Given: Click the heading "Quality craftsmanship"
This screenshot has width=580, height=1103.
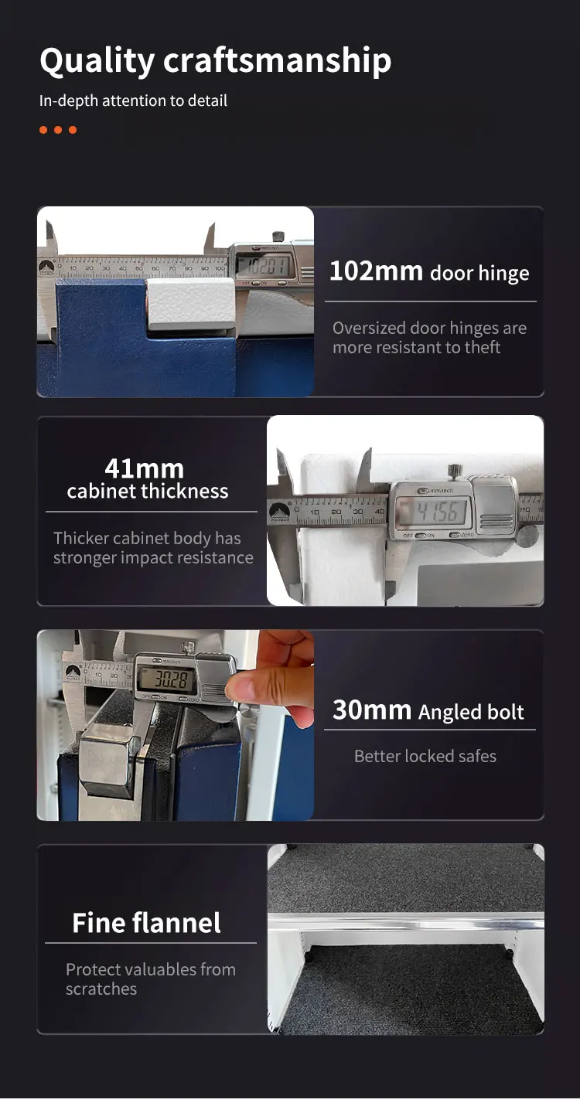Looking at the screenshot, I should coord(215,61).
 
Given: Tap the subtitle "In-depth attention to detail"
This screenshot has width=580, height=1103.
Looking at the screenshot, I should coord(133,100).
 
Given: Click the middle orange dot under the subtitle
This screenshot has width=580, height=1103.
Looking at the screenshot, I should coord(57,130).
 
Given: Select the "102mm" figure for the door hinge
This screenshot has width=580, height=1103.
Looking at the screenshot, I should coord(376,271).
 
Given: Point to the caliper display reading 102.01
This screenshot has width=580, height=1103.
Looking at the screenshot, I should coord(262,267).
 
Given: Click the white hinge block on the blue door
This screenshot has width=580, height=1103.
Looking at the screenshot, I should coord(191,303).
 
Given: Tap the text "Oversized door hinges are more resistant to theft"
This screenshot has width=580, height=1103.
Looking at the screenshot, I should coord(428,338).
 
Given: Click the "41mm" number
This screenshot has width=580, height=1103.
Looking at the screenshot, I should coord(144,468).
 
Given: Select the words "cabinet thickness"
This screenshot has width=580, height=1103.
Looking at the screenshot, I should coord(148,492).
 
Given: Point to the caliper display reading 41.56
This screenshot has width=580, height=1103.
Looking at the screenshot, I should coord(432,512).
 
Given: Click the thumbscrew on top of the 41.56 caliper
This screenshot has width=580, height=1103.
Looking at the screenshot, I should coord(454,470).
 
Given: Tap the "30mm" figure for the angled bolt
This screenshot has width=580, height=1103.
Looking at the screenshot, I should coord(371,710).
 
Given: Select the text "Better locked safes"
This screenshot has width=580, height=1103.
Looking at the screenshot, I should coord(425,756).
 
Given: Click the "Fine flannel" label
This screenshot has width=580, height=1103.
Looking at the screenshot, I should coord(146,923).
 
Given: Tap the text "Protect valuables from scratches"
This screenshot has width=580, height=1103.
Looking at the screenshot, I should coord(150,979).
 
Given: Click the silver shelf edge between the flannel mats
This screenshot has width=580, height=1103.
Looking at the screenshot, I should coord(405,921).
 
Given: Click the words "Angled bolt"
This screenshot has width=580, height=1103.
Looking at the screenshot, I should coord(471,713).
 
